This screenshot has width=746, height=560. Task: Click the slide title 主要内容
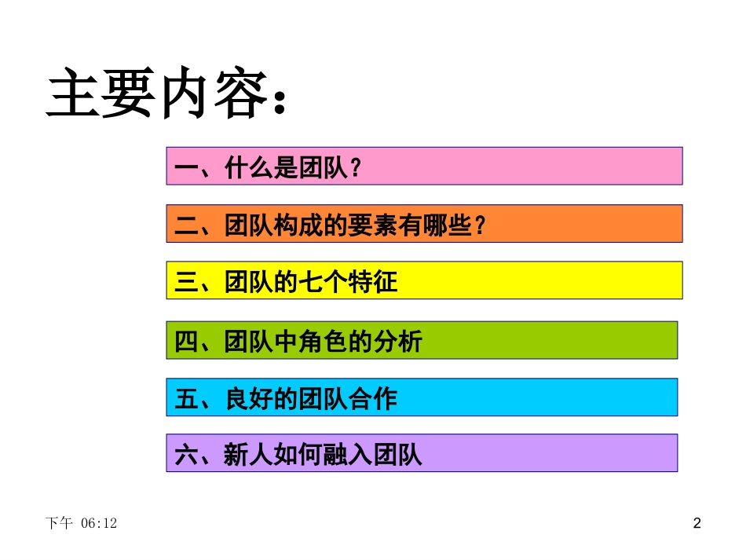tap(153, 95)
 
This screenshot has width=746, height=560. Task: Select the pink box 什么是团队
tap(424, 166)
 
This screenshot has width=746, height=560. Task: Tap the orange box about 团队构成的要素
tap(424, 224)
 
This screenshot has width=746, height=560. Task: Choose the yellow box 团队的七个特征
tap(424, 280)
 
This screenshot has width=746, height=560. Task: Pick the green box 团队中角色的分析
tap(422, 340)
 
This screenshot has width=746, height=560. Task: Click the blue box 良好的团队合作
tap(422, 397)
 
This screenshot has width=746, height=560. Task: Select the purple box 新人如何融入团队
tap(422, 453)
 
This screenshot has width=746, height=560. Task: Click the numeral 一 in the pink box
tap(186, 167)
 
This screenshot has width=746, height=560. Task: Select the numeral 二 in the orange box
tap(186, 225)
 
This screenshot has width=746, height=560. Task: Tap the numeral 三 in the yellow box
tap(186, 282)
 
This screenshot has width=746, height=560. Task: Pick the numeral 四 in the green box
tap(186, 342)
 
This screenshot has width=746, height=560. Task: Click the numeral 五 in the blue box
tap(186, 399)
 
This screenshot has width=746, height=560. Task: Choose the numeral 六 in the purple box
tap(186, 456)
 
